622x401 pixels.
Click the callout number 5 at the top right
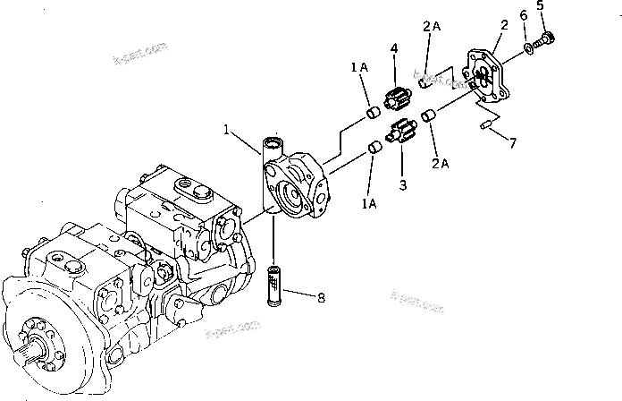click(x=540, y=9)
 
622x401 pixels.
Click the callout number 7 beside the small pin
click(x=511, y=143)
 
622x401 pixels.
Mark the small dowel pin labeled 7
click(x=487, y=126)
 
